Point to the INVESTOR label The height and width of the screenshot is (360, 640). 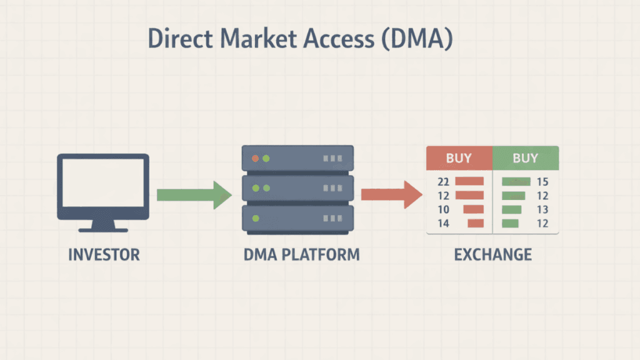pos(104,255)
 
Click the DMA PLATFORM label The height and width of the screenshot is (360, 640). pos(297,255)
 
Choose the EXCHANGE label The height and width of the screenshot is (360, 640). pos(492,255)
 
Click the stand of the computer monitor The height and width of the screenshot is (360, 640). pos(103,226)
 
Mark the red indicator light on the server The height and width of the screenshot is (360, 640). pos(255,159)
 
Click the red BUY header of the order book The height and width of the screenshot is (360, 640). pos(459,158)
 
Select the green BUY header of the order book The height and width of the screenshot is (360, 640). pos(525,158)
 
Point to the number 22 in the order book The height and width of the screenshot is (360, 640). pos(444,182)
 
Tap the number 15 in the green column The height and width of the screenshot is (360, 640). pos(542,182)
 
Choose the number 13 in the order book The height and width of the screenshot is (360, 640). pos(542,209)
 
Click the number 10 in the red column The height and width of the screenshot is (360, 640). pos(444,209)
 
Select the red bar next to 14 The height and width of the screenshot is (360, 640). pos(476,223)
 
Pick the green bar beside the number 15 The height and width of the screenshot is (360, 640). pos(516,182)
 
